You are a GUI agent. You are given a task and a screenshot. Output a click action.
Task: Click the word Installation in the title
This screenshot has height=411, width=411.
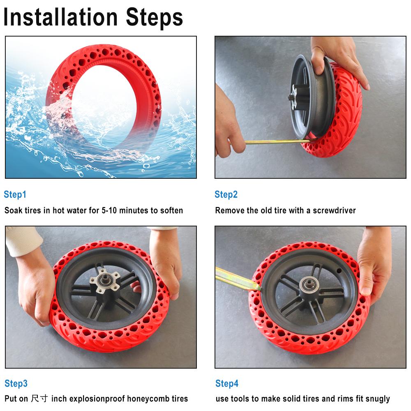[x=62, y=17]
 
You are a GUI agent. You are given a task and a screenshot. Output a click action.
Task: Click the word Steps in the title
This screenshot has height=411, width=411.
[x=155, y=17]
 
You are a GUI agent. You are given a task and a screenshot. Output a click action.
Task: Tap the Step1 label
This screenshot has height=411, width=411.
[x=15, y=194]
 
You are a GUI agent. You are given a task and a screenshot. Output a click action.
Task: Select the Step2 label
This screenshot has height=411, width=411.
[x=226, y=194]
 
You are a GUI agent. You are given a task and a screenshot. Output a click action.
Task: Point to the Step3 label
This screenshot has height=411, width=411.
[x=16, y=383]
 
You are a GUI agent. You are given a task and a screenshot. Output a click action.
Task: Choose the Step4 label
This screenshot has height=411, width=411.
[x=227, y=383]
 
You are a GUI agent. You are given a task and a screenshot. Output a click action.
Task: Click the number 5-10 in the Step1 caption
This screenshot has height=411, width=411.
[x=112, y=210]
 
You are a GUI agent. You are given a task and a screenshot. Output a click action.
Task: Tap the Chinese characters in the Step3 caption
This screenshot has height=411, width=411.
[x=40, y=399]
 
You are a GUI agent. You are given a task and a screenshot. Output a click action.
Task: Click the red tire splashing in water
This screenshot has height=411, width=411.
[x=103, y=103]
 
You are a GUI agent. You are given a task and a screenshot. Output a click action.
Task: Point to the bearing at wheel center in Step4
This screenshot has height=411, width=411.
[x=307, y=284]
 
